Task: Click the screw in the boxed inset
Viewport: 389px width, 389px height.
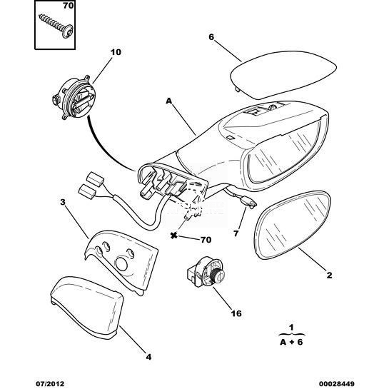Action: [56, 26]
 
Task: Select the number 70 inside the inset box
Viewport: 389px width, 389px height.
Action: [68, 6]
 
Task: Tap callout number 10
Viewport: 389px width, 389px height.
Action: [116, 52]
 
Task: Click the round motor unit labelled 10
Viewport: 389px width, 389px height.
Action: [74, 98]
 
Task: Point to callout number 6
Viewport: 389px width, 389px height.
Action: [211, 37]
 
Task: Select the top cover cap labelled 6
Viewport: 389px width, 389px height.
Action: [283, 74]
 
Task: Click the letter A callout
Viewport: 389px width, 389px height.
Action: [168, 101]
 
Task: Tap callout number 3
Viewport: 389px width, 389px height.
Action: [63, 202]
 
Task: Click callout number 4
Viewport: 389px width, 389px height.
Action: [148, 357]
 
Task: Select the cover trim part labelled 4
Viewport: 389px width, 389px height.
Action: [87, 308]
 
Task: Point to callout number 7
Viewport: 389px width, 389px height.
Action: [236, 233]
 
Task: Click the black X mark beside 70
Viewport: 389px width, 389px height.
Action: [174, 236]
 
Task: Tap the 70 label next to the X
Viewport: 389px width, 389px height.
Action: [206, 240]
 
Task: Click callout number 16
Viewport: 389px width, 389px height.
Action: [236, 313]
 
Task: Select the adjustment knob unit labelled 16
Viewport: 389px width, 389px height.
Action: [206, 272]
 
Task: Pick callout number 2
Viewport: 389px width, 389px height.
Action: [329, 275]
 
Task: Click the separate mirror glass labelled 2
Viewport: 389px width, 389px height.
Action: [292, 225]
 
